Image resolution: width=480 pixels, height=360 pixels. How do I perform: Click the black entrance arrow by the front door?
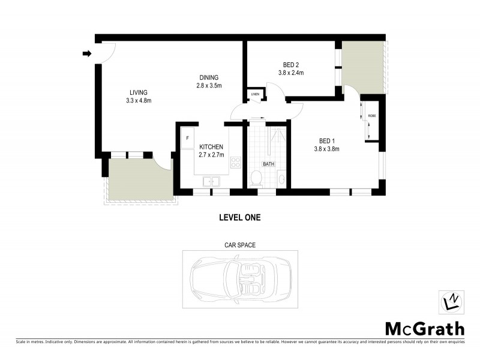(86, 54)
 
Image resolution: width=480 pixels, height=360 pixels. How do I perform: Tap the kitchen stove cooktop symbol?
(236, 162)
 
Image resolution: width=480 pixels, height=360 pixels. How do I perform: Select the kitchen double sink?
(211, 181)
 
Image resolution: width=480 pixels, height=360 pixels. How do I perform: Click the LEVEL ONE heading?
(239, 218)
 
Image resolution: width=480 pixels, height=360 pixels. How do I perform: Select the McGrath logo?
(425, 329)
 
